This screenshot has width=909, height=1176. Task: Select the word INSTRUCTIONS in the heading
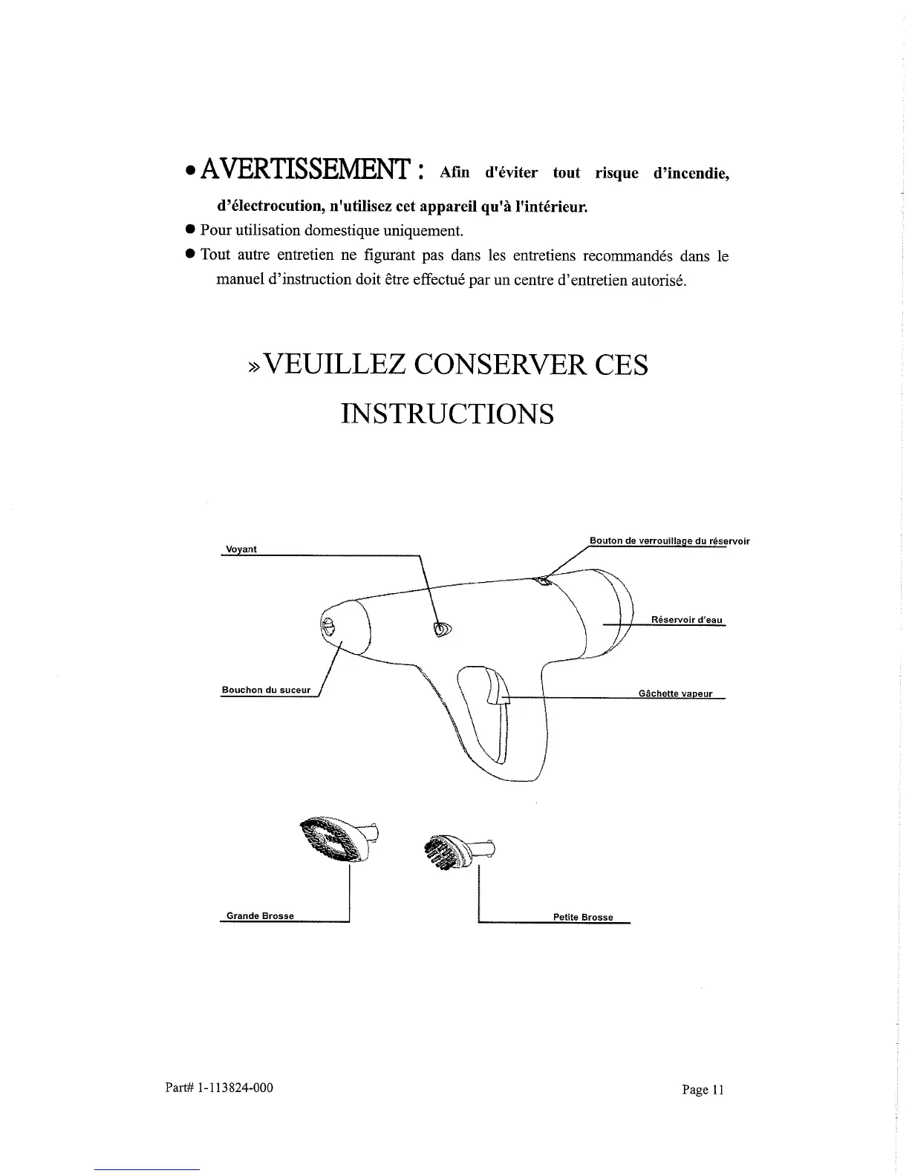tap(447, 414)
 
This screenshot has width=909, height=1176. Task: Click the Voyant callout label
tap(241, 549)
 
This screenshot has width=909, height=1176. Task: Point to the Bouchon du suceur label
tap(266, 690)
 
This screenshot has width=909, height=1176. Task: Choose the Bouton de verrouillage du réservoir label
tap(669, 541)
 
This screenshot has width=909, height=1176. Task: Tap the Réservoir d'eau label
tap(686, 620)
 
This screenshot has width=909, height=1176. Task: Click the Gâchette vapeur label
tap(675, 694)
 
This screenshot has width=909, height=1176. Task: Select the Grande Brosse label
tap(260, 916)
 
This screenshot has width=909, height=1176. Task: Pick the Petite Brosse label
tap(583, 918)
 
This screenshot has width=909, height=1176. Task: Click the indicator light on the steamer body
tap(442, 630)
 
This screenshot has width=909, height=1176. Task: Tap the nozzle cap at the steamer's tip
tap(329, 625)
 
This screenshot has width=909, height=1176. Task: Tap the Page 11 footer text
tap(702, 1090)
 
